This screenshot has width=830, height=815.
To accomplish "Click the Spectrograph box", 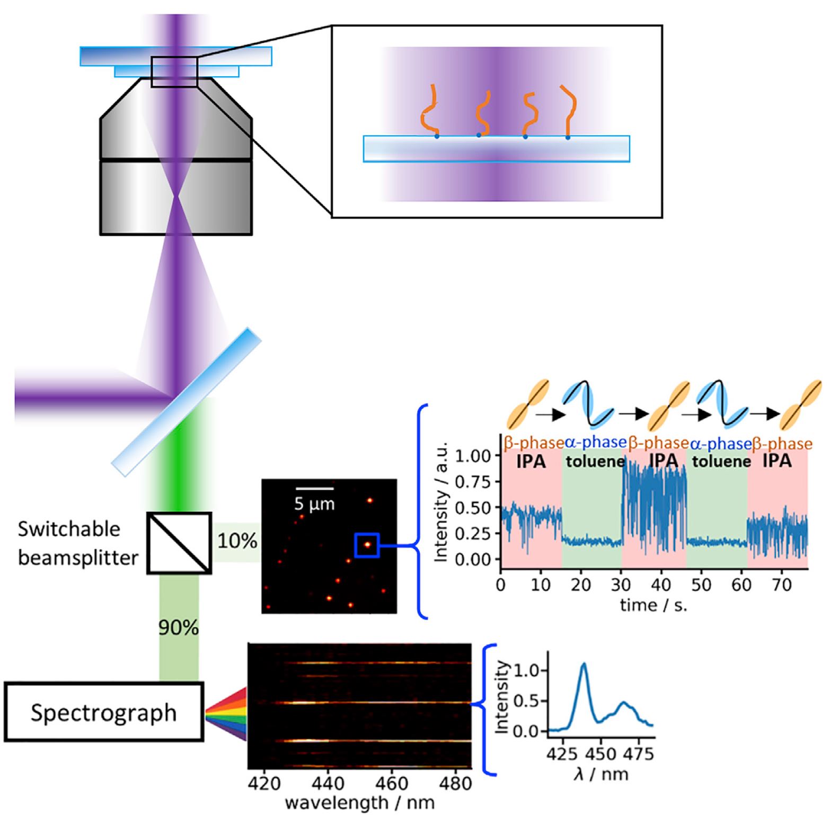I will pyautogui.click(x=104, y=712).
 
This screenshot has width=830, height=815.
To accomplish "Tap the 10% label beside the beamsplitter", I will pyautogui.click(x=237, y=541).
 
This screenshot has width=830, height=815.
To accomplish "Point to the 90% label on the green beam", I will pyautogui.click(x=179, y=627).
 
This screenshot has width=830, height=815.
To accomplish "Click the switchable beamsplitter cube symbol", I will pyautogui.click(x=179, y=543).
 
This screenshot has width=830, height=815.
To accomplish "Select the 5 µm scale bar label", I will pyautogui.click(x=314, y=503).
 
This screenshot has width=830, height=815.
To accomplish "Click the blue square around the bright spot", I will pyautogui.click(x=366, y=545).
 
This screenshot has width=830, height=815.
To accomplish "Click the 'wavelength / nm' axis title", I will pyautogui.click(x=359, y=803).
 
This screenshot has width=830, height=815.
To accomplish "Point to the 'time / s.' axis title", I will pyautogui.click(x=654, y=605).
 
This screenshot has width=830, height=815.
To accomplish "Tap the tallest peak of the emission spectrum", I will pyautogui.click(x=584, y=663).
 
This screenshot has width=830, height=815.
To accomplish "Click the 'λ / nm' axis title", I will pyautogui.click(x=601, y=774).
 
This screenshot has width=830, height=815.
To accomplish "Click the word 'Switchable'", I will pyautogui.click(x=69, y=529).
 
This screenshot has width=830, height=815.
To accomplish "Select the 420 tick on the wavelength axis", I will pyautogui.click(x=263, y=783).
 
